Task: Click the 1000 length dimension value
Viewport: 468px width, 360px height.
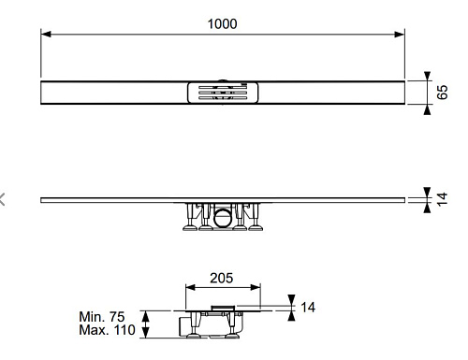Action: (x=222, y=23)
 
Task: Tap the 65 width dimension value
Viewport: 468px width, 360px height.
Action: (x=442, y=93)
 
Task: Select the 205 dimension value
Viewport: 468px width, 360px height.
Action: (x=221, y=278)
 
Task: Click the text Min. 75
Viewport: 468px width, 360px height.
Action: (x=102, y=317)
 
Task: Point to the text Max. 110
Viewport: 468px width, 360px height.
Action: (x=107, y=330)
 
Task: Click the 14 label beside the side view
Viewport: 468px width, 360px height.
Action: (x=442, y=199)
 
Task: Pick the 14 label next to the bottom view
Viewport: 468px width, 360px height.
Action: (x=308, y=308)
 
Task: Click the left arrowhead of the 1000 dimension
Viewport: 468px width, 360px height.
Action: (x=46, y=34)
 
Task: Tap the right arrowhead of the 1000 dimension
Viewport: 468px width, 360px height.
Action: (x=400, y=34)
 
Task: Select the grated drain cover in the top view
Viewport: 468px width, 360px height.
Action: (x=223, y=93)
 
